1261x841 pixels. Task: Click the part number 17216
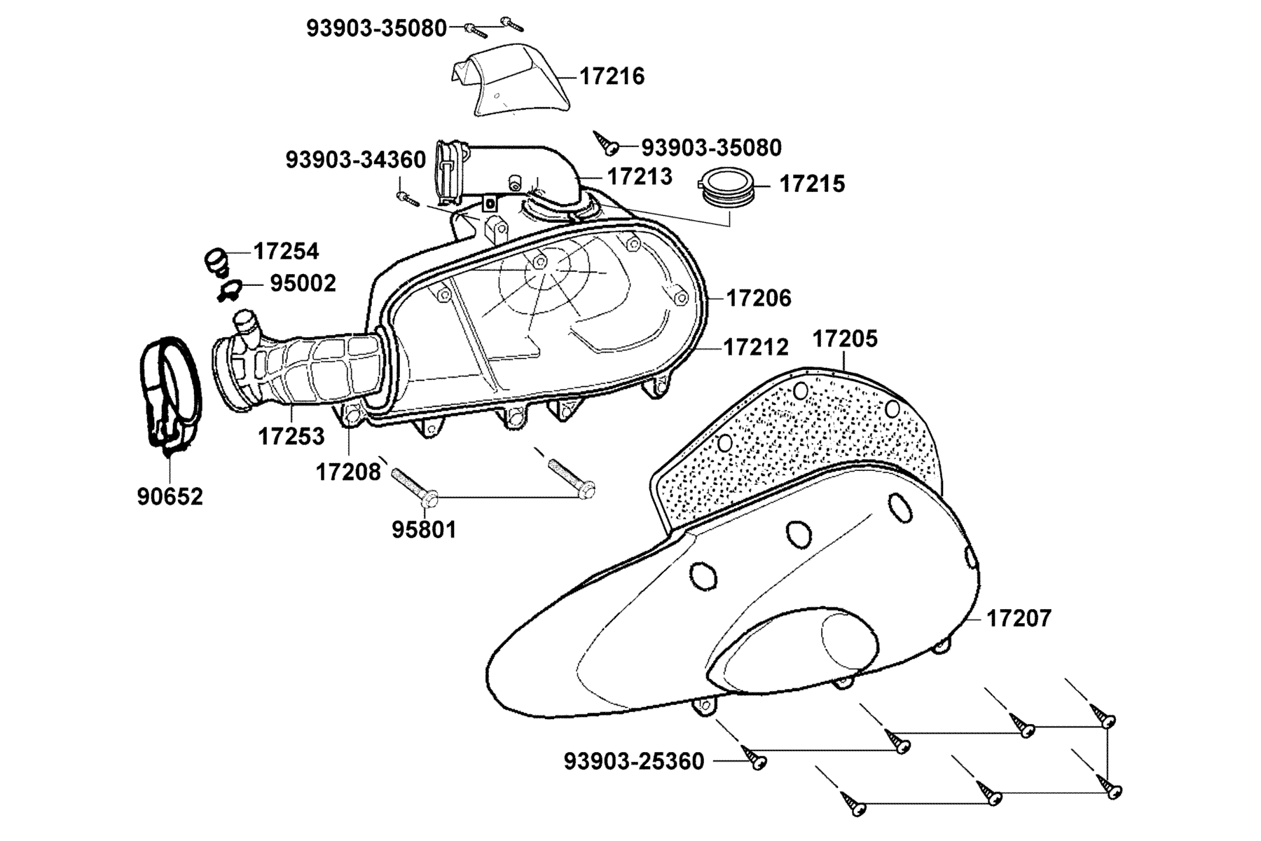[612, 76]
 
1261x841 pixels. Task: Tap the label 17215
[812, 184]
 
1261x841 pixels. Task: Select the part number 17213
[639, 176]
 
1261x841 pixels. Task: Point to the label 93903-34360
[355, 160]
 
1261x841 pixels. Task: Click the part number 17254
[286, 251]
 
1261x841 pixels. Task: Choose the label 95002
[303, 283]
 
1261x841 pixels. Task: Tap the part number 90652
[170, 496]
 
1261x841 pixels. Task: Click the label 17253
[291, 436]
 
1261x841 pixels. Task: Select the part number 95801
[424, 530]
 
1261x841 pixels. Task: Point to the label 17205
[845, 339]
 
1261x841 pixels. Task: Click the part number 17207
[1019, 618]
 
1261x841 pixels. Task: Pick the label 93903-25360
[634, 761]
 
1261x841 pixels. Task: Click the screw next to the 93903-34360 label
[407, 200]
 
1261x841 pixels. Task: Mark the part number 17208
[348, 472]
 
